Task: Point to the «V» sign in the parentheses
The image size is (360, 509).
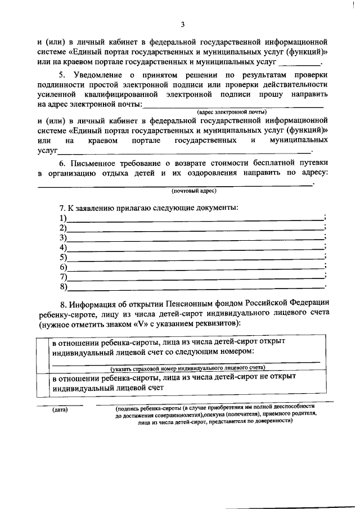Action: coord(141,324)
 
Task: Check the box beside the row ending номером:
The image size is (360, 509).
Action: coord(43,353)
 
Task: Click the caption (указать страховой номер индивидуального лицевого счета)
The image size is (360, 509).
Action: coord(187,368)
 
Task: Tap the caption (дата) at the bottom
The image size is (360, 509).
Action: coord(60,409)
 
